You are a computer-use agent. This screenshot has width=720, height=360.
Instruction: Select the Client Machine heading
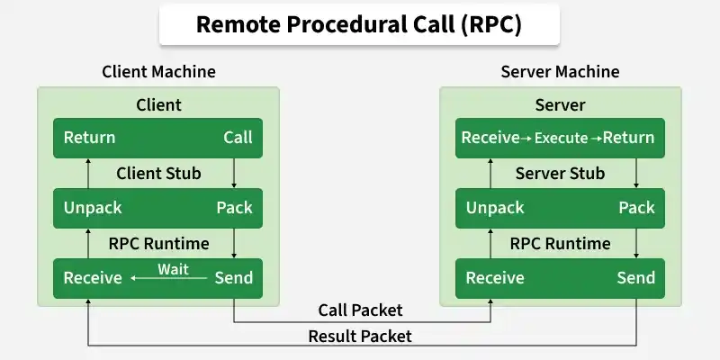158,72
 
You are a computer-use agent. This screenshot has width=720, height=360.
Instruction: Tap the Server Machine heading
560,72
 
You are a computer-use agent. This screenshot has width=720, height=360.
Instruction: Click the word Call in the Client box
238,138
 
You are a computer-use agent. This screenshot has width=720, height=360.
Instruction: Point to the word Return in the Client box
89,138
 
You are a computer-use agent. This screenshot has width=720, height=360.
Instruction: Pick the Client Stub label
158,173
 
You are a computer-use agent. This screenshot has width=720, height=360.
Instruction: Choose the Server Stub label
560,173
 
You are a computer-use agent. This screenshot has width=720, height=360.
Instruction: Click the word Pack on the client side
234,208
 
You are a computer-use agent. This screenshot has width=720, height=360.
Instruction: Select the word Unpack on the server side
495,208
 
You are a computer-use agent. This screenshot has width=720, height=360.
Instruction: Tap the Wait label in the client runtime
173,269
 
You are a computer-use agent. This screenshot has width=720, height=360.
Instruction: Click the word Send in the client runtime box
233,278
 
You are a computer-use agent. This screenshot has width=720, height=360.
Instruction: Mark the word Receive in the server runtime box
495,278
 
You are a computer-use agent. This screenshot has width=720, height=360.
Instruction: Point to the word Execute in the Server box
561,139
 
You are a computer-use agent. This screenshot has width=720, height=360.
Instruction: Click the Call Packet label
360,310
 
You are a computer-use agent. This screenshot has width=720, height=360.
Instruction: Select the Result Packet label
360,337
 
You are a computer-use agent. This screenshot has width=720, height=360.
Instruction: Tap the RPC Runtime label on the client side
158,243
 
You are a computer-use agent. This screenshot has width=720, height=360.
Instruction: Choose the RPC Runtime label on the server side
560,243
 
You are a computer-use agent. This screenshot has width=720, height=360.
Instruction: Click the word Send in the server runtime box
635,278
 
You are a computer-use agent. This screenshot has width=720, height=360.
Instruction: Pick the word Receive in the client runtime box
93,278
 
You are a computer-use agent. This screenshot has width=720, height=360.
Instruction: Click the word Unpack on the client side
93,208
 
